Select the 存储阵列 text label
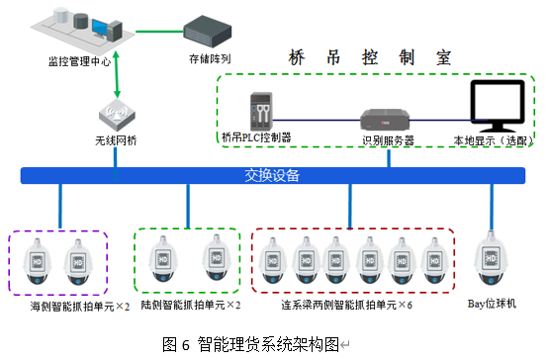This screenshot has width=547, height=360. tap(209, 58)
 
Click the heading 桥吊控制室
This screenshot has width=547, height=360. tap(367, 58)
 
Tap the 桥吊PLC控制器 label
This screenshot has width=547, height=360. tap(256, 135)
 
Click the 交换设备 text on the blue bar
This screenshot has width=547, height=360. tap(274, 177)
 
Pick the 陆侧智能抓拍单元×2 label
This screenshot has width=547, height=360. tap(191, 305)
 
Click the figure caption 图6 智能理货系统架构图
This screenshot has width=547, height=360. tap(249, 343)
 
